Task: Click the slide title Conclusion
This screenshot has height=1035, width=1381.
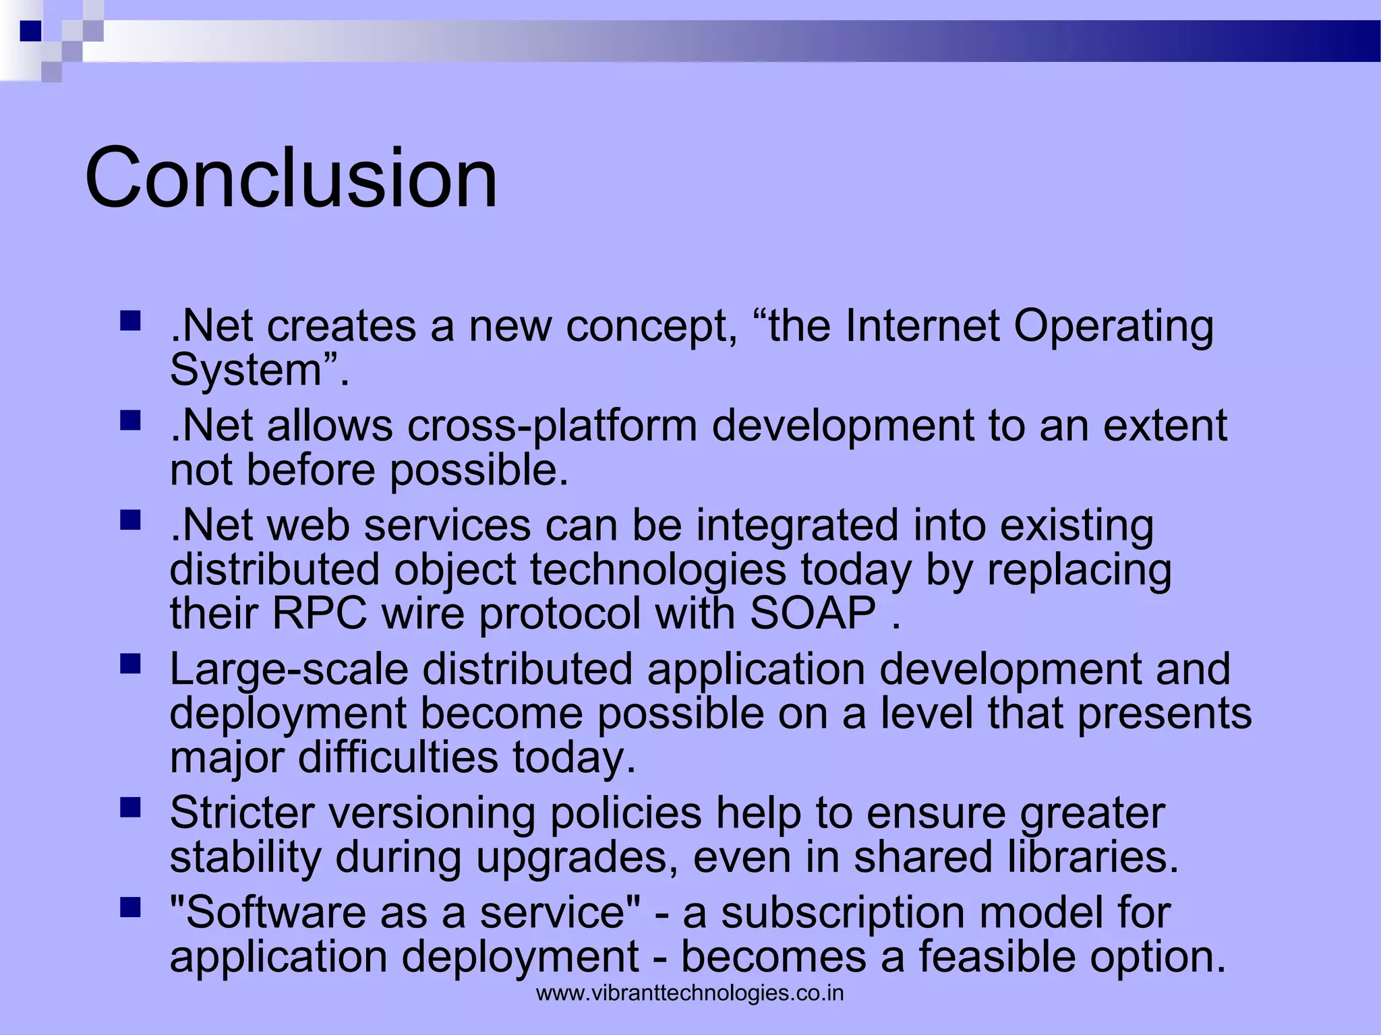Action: coord(291,178)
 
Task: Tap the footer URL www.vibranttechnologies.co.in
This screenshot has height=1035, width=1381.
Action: coord(690,993)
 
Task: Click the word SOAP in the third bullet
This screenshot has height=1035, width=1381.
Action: coord(813,613)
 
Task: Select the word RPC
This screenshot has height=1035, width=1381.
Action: coord(320,613)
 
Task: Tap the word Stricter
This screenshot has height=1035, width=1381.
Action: coord(241,813)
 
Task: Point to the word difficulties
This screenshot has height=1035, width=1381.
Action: coord(398,757)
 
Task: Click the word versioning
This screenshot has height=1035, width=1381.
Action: coord(432,813)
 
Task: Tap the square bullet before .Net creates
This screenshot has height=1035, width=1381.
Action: coord(129,320)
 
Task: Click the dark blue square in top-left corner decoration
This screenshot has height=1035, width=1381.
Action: coord(30,31)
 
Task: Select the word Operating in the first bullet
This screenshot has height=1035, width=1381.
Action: coord(1113,325)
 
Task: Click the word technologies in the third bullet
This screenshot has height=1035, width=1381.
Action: coord(657,569)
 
